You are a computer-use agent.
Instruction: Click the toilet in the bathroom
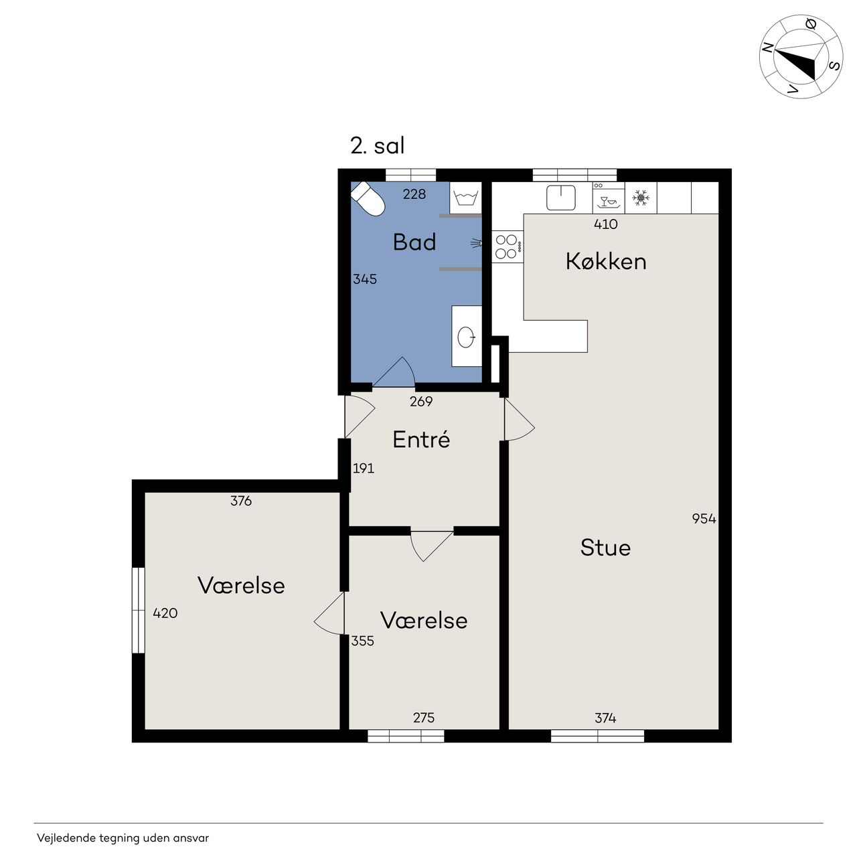(368, 199)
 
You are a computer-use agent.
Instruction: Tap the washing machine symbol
(465, 198)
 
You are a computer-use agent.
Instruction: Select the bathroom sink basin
(466, 337)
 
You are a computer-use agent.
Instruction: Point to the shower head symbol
(476, 243)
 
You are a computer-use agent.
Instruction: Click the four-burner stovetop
(508, 247)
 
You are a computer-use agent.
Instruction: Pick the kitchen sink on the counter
(561, 198)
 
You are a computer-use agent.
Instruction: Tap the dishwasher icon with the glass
(609, 198)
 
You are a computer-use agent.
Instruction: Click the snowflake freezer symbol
(641, 198)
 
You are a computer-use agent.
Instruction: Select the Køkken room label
(606, 262)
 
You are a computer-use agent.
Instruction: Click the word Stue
(605, 548)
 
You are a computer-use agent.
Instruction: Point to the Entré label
(421, 439)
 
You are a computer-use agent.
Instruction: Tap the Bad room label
(414, 242)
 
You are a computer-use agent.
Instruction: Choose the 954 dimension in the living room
(704, 519)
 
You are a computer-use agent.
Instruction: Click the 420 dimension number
(165, 613)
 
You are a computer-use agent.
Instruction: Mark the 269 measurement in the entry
(420, 402)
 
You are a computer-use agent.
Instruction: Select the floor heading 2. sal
(378, 146)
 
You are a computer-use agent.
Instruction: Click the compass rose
(801, 56)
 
